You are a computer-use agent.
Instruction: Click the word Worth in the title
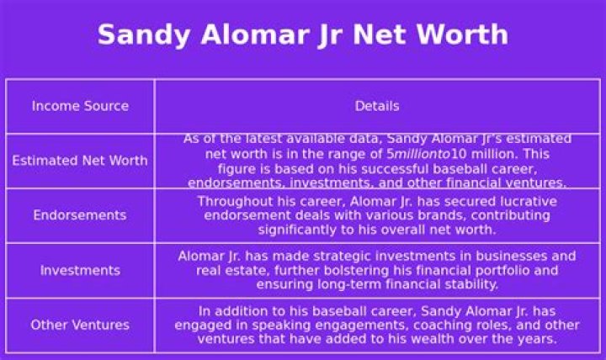point(462,34)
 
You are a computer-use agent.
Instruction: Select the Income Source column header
point(80,106)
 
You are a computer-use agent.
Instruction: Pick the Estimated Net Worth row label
point(80,161)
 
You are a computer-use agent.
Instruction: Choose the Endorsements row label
point(80,215)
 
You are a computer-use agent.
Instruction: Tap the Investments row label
point(80,270)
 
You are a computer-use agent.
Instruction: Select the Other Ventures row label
point(80,325)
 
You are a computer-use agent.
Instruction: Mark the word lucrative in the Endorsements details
point(525,202)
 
